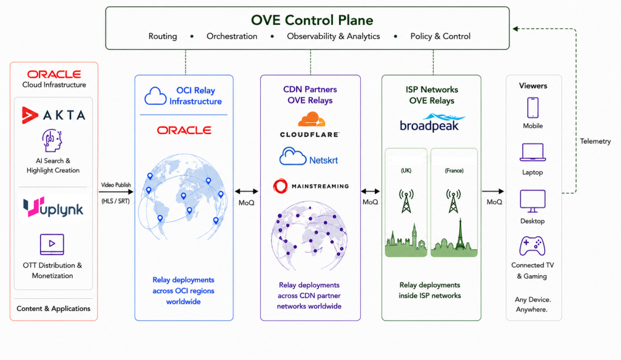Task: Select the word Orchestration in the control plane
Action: (x=232, y=36)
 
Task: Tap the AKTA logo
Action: (x=53, y=115)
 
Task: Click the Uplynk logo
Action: (x=53, y=207)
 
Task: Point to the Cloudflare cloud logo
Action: (x=311, y=119)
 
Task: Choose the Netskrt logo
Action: (x=309, y=156)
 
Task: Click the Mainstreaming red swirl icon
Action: (x=280, y=186)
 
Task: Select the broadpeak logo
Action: (x=431, y=122)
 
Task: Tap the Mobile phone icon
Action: (x=532, y=108)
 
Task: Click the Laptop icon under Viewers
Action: (x=532, y=152)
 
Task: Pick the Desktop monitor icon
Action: (x=532, y=201)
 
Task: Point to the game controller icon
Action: (x=532, y=246)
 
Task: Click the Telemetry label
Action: (x=596, y=141)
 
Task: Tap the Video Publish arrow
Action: (x=116, y=192)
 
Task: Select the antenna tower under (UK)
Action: (x=406, y=201)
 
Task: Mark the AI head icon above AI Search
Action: (x=52, y=141)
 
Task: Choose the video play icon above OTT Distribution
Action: (x=52, y=244)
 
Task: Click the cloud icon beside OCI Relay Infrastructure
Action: (x=155, y=96)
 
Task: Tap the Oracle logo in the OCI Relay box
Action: (x=184, y=130)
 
